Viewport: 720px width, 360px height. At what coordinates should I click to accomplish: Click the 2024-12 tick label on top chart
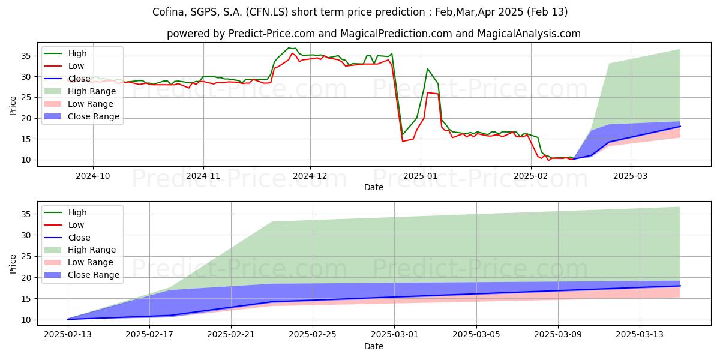click(x=310, y=176)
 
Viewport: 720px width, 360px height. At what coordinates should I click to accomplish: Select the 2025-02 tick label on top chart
click(x=530, y=176)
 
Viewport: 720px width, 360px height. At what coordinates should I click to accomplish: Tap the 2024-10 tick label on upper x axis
click(x=92, y=176)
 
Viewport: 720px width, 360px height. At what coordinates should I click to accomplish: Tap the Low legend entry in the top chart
click(x=76, y=66)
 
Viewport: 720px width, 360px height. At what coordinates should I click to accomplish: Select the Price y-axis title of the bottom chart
click(x=13, y=263)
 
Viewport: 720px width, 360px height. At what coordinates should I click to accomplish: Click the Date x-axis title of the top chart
click(x=373, y=187)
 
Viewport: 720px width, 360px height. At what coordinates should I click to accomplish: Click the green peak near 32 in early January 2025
click(x=427, y=68)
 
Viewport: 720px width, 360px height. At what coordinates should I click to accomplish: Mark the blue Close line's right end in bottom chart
click(x=680, y=286)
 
